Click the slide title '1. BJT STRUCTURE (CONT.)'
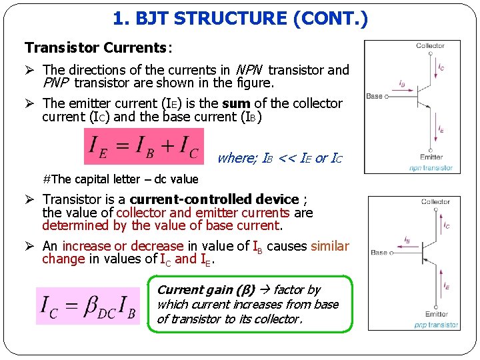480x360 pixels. tap(240, 20)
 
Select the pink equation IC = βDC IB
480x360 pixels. tap(89, 305)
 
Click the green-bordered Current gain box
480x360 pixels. tap(249, 305)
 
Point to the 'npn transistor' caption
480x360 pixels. tap(431, 167)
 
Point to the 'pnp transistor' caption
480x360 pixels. tap(435, 325)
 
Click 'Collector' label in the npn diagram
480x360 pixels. tap(430, 46)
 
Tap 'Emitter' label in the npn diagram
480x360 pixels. tap(431, 157)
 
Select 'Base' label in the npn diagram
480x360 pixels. tap(375, 97)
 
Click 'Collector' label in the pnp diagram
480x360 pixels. tap(435, 202)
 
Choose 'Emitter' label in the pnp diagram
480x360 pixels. tap(436, 314)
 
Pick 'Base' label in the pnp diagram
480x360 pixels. tap(379, 253)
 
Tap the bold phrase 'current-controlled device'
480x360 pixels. tap(214, 199)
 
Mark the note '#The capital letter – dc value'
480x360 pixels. tap(120, 179)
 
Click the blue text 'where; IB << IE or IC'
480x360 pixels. tap(279, 159)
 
